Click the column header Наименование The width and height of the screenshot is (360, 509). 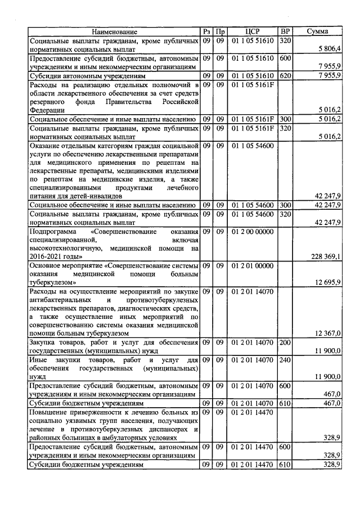tap(115, 31)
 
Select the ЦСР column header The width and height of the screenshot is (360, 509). tap(252, 31)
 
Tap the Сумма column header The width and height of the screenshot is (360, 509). tap(318, 31)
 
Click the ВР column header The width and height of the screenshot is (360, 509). tap(286, 31)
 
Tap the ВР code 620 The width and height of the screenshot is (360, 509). tap(285, 75)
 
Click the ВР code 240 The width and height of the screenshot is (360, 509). tap(285, 360)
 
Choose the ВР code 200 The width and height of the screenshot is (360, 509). tap(285, 343)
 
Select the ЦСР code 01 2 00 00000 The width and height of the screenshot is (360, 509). tap(252, 231)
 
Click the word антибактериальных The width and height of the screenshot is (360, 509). tap(60, 300)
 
